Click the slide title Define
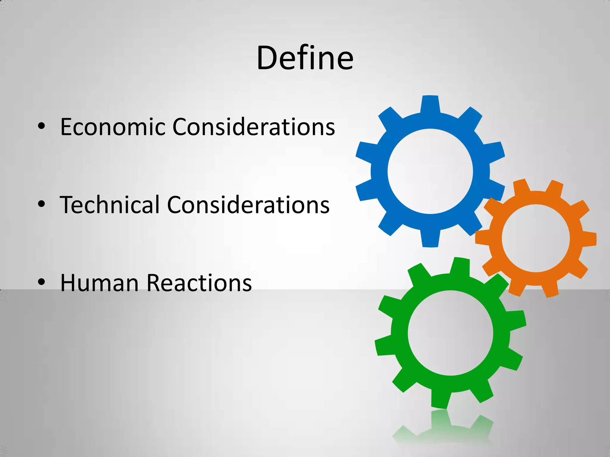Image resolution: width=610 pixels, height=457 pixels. (x=305, y=58)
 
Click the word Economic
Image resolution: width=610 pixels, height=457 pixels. (x=113, y=127)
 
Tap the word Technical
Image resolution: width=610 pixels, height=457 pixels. (x=110, y=205)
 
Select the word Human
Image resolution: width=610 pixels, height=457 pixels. (x=99, y=283)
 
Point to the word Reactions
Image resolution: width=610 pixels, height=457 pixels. (x=199, y=283)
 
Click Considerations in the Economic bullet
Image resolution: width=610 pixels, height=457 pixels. (x=253, y=127)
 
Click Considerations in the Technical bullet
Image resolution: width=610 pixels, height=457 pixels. (x=248, y=205)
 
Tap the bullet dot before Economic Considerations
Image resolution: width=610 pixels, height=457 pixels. (x=41, y=126)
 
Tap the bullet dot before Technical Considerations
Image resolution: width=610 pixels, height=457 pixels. (x=41, y=204)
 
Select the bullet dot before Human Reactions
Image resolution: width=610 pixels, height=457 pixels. (x=41, y=282)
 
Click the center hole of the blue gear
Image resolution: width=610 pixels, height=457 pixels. (x=430, y=171)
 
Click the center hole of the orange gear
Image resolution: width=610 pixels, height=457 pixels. (x=536, y=238)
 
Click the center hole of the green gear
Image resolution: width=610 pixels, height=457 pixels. (x=450, y=333)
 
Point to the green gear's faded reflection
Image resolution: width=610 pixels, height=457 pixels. (x=444, y=428)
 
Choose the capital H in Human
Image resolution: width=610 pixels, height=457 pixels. (x=69, y=283)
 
